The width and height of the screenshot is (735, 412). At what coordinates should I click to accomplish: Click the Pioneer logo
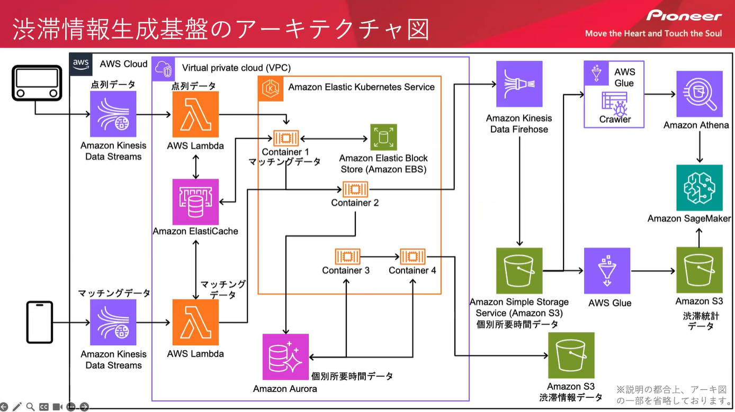tap(684, 16)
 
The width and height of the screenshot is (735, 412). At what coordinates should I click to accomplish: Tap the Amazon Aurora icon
tap(285, 357)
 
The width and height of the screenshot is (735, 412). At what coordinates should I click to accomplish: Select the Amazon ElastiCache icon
tap(196, 201)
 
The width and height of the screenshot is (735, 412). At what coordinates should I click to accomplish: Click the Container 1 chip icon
tap(286, 139)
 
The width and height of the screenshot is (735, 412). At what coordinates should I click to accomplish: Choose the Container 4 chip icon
tap(413, 257)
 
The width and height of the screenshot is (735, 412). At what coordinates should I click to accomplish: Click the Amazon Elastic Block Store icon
tap(383, 138)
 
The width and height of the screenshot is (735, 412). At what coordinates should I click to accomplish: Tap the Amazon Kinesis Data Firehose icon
tap(519, 84)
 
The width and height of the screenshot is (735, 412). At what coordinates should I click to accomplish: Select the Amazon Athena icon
tap(699, 94)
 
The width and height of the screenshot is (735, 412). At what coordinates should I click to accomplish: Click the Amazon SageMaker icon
tap(699, 188)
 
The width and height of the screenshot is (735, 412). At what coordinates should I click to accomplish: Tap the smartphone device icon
tap(40, 323)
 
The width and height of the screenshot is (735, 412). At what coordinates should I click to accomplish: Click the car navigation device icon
tap(37, 84)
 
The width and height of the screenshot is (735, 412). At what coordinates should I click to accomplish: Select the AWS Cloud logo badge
tap(81, 63)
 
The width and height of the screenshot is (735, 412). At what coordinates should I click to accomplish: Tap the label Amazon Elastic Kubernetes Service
tap(361, 87)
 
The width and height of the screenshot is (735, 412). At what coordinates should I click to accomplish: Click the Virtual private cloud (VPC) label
tap(236, 68)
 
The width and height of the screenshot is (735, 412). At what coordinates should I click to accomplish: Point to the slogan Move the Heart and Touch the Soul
tap(653, 33)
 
